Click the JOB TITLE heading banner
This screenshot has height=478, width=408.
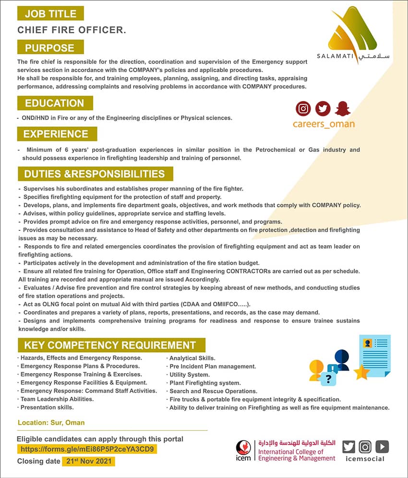click(50, 13)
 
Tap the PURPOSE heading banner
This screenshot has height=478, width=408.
click(50, 48)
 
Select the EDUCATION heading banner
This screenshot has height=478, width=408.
click(55, 103)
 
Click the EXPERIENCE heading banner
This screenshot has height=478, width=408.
click(57, 134)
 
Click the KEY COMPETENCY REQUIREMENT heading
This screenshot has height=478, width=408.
click(110, 345)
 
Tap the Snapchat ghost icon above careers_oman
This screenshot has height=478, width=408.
click(343, 109)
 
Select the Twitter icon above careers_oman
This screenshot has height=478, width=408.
click(323, 109)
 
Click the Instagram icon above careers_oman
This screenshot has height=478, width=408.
click(303, 109)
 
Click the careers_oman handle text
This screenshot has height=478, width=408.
click(324, 124)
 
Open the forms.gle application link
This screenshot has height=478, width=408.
click(87, 450)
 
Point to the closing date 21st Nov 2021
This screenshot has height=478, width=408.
click(89, 461)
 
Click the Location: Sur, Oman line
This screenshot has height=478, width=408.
click(51, 423)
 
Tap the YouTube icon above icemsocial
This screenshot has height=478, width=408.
click(382, 447)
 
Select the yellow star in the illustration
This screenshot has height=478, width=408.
click(361, 371)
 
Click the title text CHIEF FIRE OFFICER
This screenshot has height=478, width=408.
click(72, 30)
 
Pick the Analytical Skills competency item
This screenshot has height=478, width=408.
click(192, 358)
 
